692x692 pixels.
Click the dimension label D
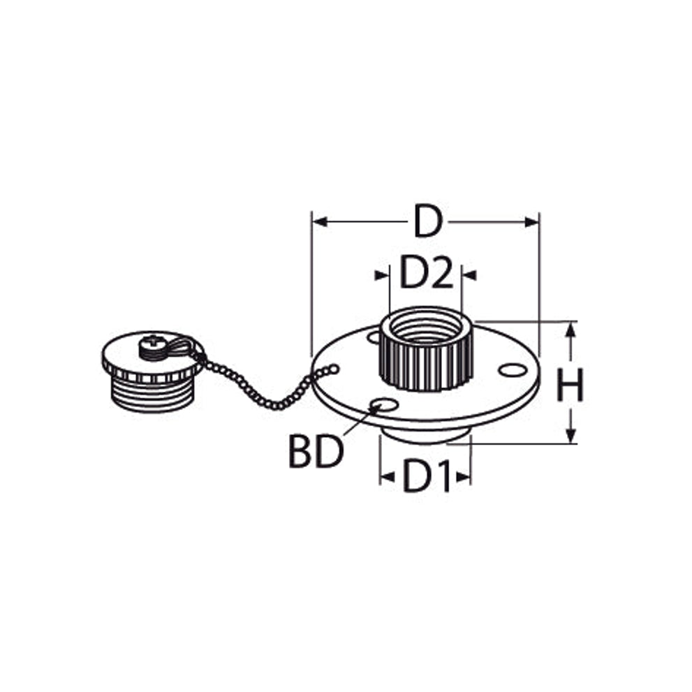click(427, 221)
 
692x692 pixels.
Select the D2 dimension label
click(426, 273)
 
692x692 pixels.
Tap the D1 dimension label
click(427, 477)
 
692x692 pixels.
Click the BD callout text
click(315, 452)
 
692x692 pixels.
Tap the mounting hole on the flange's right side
click(513, 370)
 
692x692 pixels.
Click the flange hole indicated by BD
click(384, 405)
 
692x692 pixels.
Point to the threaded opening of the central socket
click(426, 327)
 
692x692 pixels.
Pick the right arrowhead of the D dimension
click(531, 222)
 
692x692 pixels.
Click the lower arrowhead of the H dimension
click(571, 436)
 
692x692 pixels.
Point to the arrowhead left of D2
click(382, 275)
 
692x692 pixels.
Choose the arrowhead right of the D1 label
click(464, 477)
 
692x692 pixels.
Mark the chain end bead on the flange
click(334, 368)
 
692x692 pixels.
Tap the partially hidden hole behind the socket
click(374, 337)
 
